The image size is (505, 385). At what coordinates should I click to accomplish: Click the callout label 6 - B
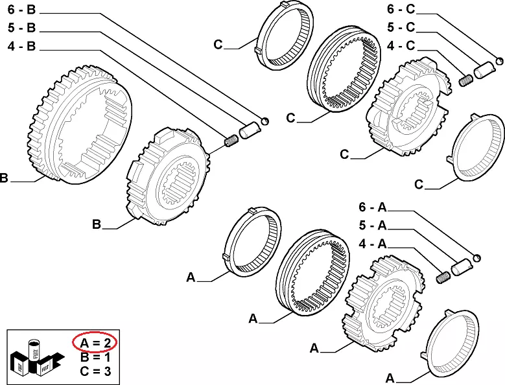23,10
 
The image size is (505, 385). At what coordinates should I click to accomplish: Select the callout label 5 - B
23,28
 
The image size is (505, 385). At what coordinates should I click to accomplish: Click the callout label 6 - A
373,207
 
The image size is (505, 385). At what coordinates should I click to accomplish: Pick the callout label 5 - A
373,226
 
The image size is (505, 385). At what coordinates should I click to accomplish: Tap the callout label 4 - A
373,245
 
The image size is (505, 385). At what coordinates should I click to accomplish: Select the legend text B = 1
94,357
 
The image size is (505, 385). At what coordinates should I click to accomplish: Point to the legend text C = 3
94,371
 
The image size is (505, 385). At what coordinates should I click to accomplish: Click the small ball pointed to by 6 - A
477,257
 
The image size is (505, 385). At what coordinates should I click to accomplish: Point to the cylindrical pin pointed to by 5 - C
484,69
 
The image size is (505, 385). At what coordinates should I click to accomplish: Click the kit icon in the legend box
36,357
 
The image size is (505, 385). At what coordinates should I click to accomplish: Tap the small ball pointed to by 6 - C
500,61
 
